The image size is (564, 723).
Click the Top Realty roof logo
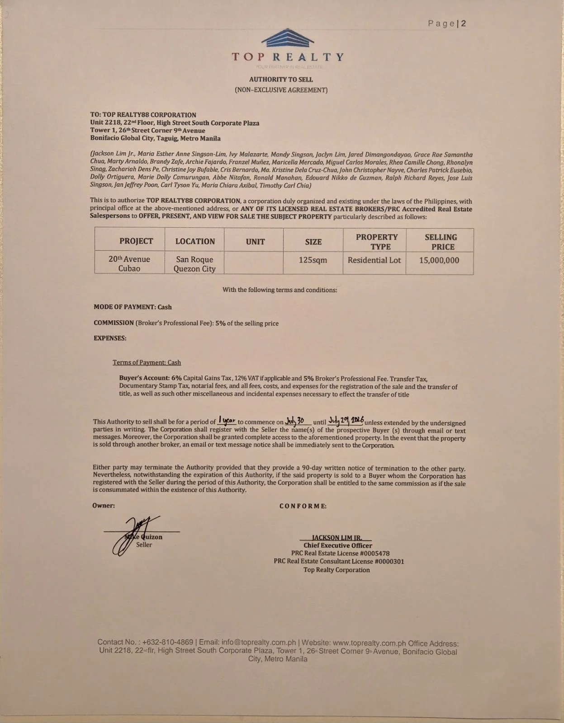click(288, 38)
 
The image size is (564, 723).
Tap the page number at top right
click(447, 23)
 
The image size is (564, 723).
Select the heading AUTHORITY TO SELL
click(281, 80)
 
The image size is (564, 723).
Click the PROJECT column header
click(136, 241)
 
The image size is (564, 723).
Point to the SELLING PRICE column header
click(441, 242)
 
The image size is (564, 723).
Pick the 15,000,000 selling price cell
click(439, 260)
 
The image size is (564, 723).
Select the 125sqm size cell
click(313, 260)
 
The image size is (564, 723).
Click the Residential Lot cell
click(374, 260)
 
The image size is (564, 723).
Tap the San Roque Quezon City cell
click(194, 264)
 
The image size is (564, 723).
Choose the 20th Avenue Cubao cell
click(129, 263)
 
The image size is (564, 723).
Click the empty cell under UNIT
click(254, 263)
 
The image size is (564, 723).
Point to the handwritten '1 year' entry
click(227, 420)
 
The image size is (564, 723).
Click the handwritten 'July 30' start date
click(295, 421)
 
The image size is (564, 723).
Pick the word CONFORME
click(303, 506)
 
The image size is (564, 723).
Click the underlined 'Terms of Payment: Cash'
click(147, 362)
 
